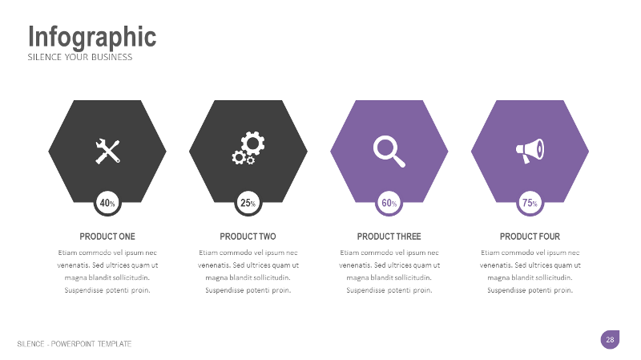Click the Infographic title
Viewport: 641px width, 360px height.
tap(92, 37)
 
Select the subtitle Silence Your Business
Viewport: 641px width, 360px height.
tap(80, 58)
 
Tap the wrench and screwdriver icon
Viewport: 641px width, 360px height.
tap(107, 151)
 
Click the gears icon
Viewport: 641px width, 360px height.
tap(248, 150)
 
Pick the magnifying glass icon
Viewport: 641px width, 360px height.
tap(389, 151)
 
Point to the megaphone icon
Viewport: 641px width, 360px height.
tap(530, 151)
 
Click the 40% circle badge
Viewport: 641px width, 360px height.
tap(107, 204)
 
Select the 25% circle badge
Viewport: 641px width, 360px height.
tap(248, 204)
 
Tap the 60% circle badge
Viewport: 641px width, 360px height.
tap(389, 204)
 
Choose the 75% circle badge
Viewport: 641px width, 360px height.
tap(530, 204)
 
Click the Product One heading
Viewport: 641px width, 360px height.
tap(107, 237)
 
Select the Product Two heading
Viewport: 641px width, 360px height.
tap(248, 237)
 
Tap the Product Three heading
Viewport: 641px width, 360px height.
tap(389, 237)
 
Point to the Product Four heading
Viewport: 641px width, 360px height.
tap(530, 237)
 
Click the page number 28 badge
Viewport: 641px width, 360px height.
tap(610, 340)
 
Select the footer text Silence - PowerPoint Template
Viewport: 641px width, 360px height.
tap(75, 344)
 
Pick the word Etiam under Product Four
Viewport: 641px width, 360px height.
tap(490, 253)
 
